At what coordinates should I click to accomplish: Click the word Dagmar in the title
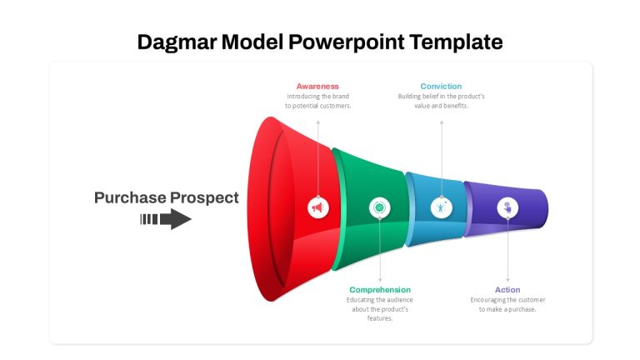pyautogui.click(x=177, y=42)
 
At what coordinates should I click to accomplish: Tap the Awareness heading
pyautogui.click(x=317, y=86)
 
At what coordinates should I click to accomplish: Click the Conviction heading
pyautogui.click(x=441, y=86)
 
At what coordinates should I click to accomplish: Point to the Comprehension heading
pyautogui.click(x=380, y=290)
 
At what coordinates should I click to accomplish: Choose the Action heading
pyautogui.click(x=507, y=290)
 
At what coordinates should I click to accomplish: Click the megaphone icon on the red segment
pyautogui.click(x=318, y=207)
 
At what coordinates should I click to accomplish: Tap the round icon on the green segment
pyautogui.click(x=380, y=207)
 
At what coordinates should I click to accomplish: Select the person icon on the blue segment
pyautogui.click(x=441, y=207)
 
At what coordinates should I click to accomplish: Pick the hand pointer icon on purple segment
pyautogui.click(x=507, y=207)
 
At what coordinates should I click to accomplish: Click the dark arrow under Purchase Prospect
pyautogui.click(x=166, y=219)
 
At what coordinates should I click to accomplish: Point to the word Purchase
pyautogui.click(x=129, y=198)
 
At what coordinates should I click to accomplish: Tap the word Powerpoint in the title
pyautogui.click(x=347, y=42)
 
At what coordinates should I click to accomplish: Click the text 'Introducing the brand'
pyautogui.click(x=318, y=97)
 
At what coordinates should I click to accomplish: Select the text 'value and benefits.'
pyautogui.click(x=441, y=106)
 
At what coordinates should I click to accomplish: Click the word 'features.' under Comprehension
pyautogui.click(x=380, y=318)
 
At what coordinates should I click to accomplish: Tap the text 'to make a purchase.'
pyautogui.click(x=507, y=309)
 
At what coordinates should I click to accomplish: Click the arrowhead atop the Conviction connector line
pyautogui.click(x=441, y=122)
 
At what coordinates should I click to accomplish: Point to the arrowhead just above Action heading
pyautogui.click(x=507, y=280)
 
